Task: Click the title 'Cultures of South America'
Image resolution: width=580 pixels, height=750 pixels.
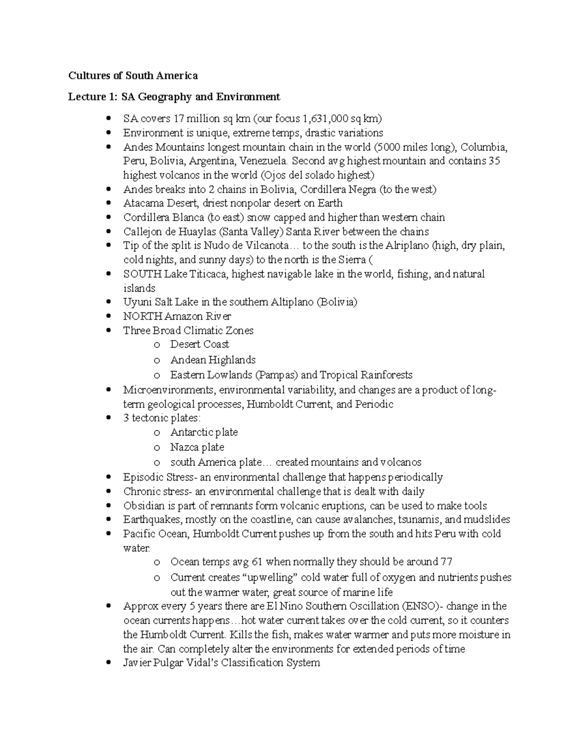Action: (x=133, y=76)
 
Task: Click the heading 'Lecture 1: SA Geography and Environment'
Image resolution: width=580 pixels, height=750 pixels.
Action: (x=174, y=97)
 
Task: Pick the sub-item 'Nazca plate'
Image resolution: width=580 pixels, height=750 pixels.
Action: (x=197, y=447)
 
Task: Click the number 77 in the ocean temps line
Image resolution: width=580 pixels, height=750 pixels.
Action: (x=446, y=562)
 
